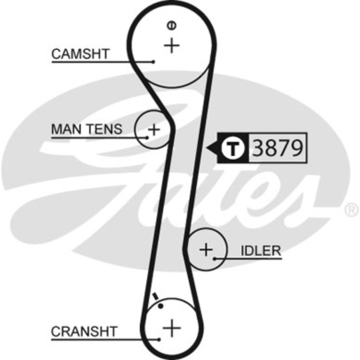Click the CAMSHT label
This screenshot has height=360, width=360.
80,54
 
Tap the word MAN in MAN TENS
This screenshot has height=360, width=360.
66,129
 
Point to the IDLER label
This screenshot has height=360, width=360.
261,251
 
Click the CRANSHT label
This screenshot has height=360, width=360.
84,332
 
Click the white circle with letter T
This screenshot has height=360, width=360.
233,148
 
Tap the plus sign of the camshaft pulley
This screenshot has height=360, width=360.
171,45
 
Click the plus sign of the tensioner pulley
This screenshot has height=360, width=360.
154,130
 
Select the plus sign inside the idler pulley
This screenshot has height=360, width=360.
206,249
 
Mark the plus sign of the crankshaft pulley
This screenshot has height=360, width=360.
172,328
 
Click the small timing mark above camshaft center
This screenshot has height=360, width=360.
171,25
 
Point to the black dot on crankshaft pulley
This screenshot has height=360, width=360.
160,306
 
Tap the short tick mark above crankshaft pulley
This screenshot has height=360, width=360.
155,296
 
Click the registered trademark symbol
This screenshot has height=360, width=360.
351,209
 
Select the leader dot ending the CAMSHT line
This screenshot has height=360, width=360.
153,62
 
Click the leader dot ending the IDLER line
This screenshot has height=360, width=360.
214,259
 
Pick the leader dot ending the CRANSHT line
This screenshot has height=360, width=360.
158,339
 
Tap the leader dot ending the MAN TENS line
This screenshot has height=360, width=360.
147,137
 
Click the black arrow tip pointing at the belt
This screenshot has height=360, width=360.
206,148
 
